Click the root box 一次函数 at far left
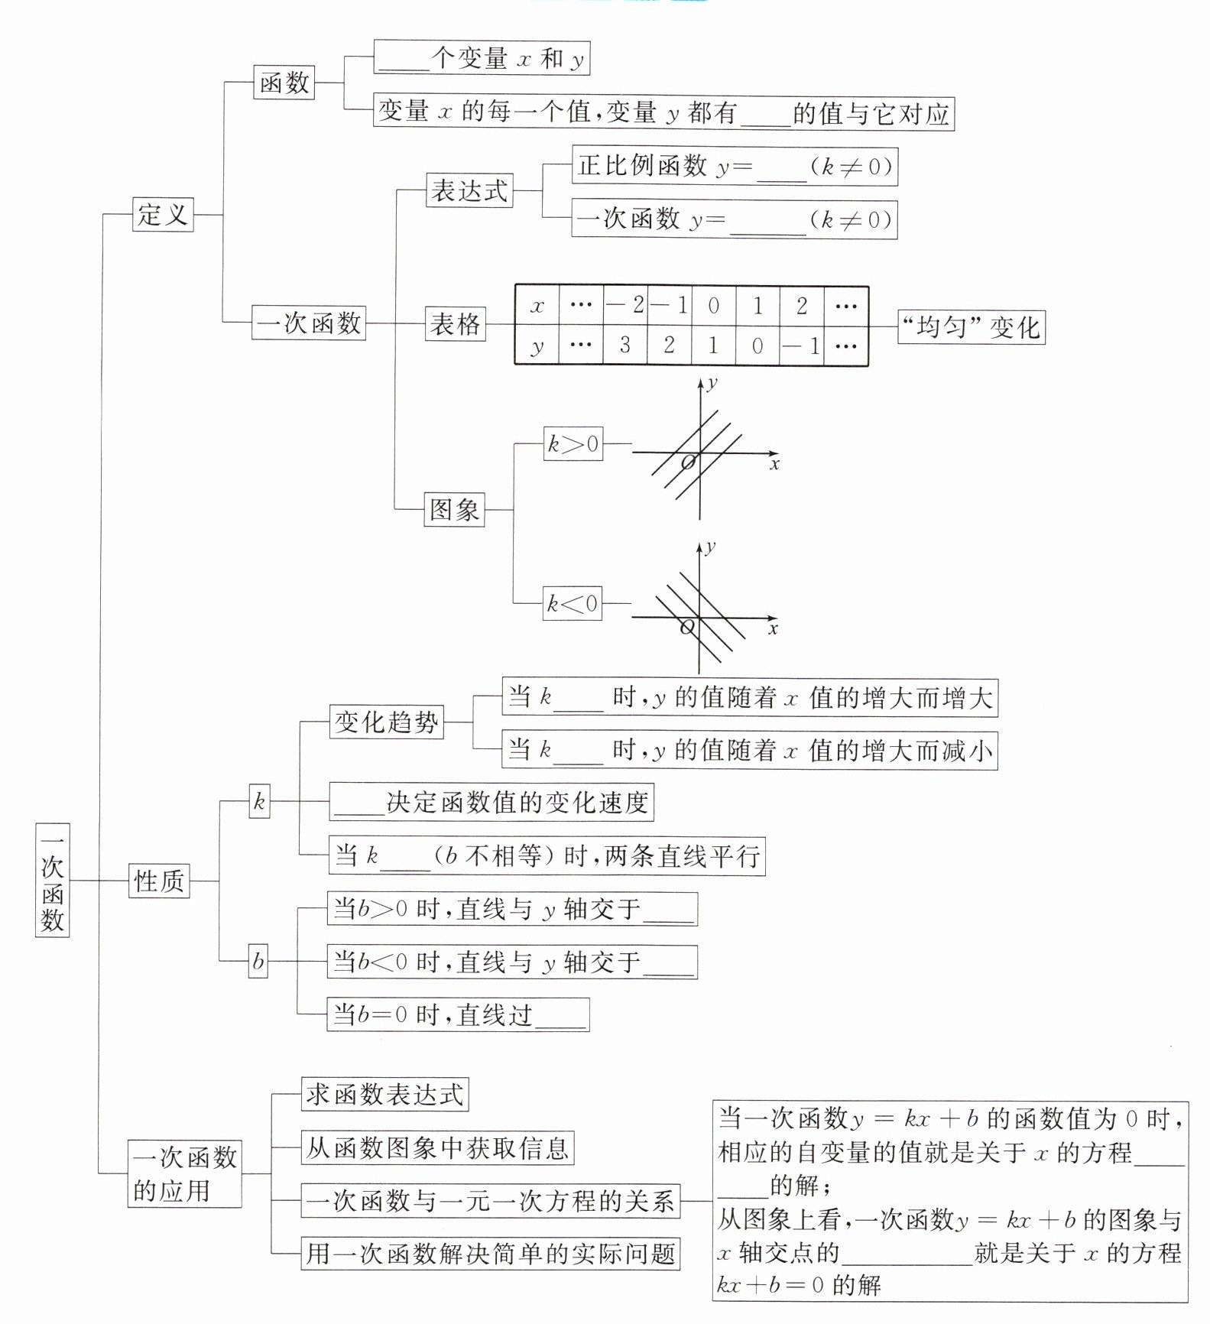point(52,880)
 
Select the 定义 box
point(163,214)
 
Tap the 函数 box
point(284,82)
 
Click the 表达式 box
point(469,190)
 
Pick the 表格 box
point(455,323)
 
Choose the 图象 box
point(454,509)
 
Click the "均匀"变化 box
point(971,327)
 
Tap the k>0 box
point(573,443)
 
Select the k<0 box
point(573,603)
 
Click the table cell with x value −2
point(625,306)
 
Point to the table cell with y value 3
point(625,346)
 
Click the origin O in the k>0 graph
point(688,462)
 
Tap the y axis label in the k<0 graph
point(711,547)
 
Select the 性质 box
point(159,881)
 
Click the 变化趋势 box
point(386,722)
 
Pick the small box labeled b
point(258,960)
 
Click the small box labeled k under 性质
point(259,801)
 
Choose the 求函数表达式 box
point(384,1094)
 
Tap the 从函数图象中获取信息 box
point(437,1147)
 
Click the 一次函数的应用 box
point(184,1173)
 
